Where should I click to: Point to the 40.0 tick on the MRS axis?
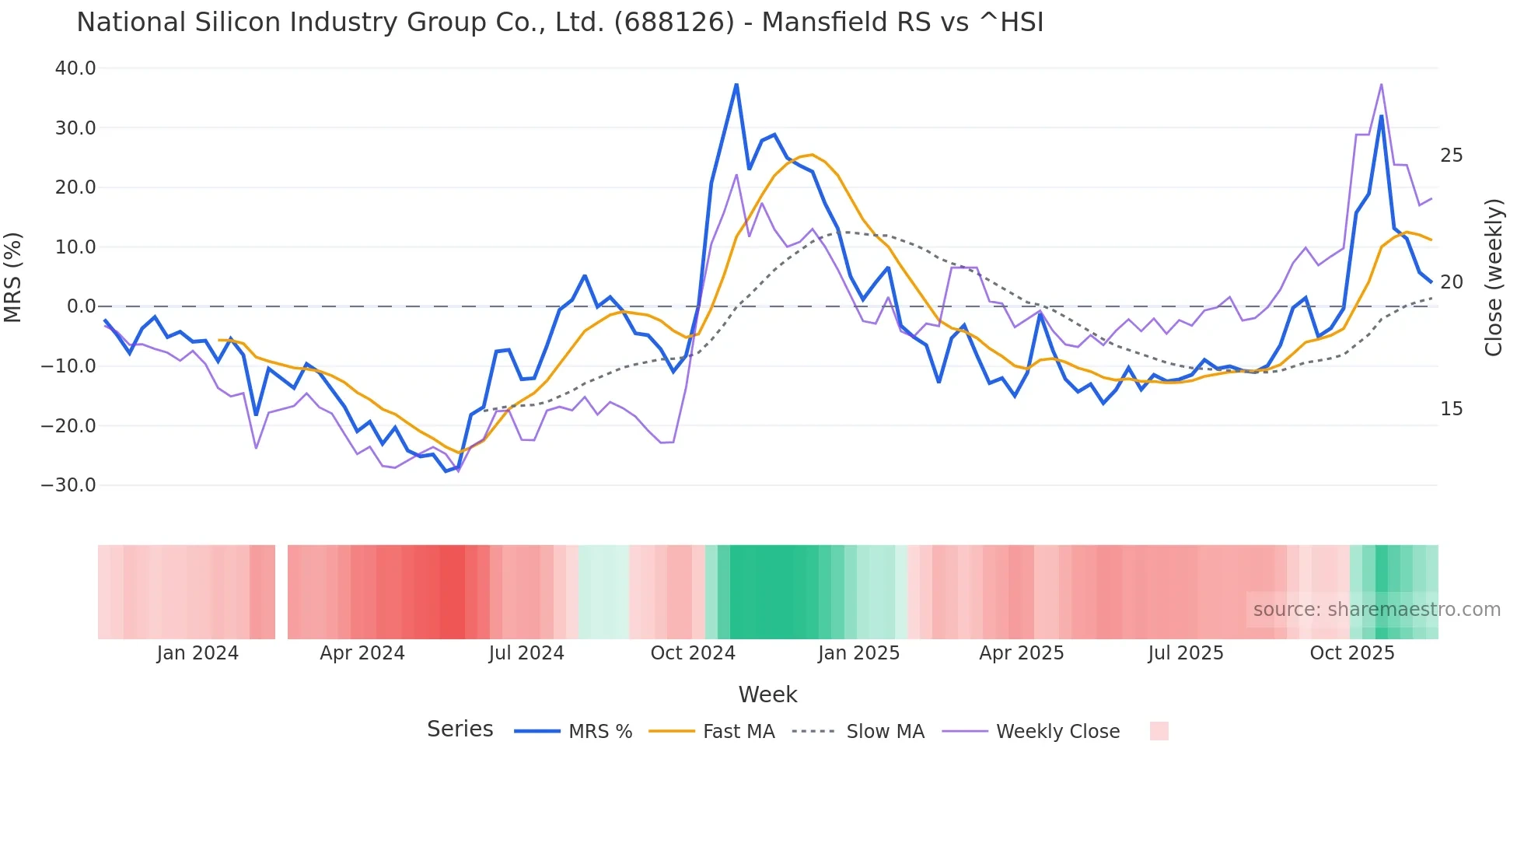[x=75, y=68]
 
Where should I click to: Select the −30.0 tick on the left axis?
[x=68, y=485]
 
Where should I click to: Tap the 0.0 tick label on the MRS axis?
[x=81, y=306]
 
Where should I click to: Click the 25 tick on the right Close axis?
[x=1451, y=156]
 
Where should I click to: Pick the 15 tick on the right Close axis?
[x=1451, y=409]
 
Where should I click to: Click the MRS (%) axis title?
[x=13, y=277]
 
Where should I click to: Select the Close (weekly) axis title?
[x=1494, y=277]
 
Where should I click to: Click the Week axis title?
[x=767, y=694]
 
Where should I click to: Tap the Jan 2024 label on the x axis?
[x=197, y=653]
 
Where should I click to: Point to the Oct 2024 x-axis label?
[x=693, y=653]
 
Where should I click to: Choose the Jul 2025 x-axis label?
[x=1186, y=653]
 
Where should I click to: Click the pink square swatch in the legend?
[x=1159, y=731]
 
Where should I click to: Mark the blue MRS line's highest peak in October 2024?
[x=736, y=84]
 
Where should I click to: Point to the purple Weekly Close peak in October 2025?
[x=1381, y=84]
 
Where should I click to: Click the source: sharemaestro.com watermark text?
[x=1376, y=610]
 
